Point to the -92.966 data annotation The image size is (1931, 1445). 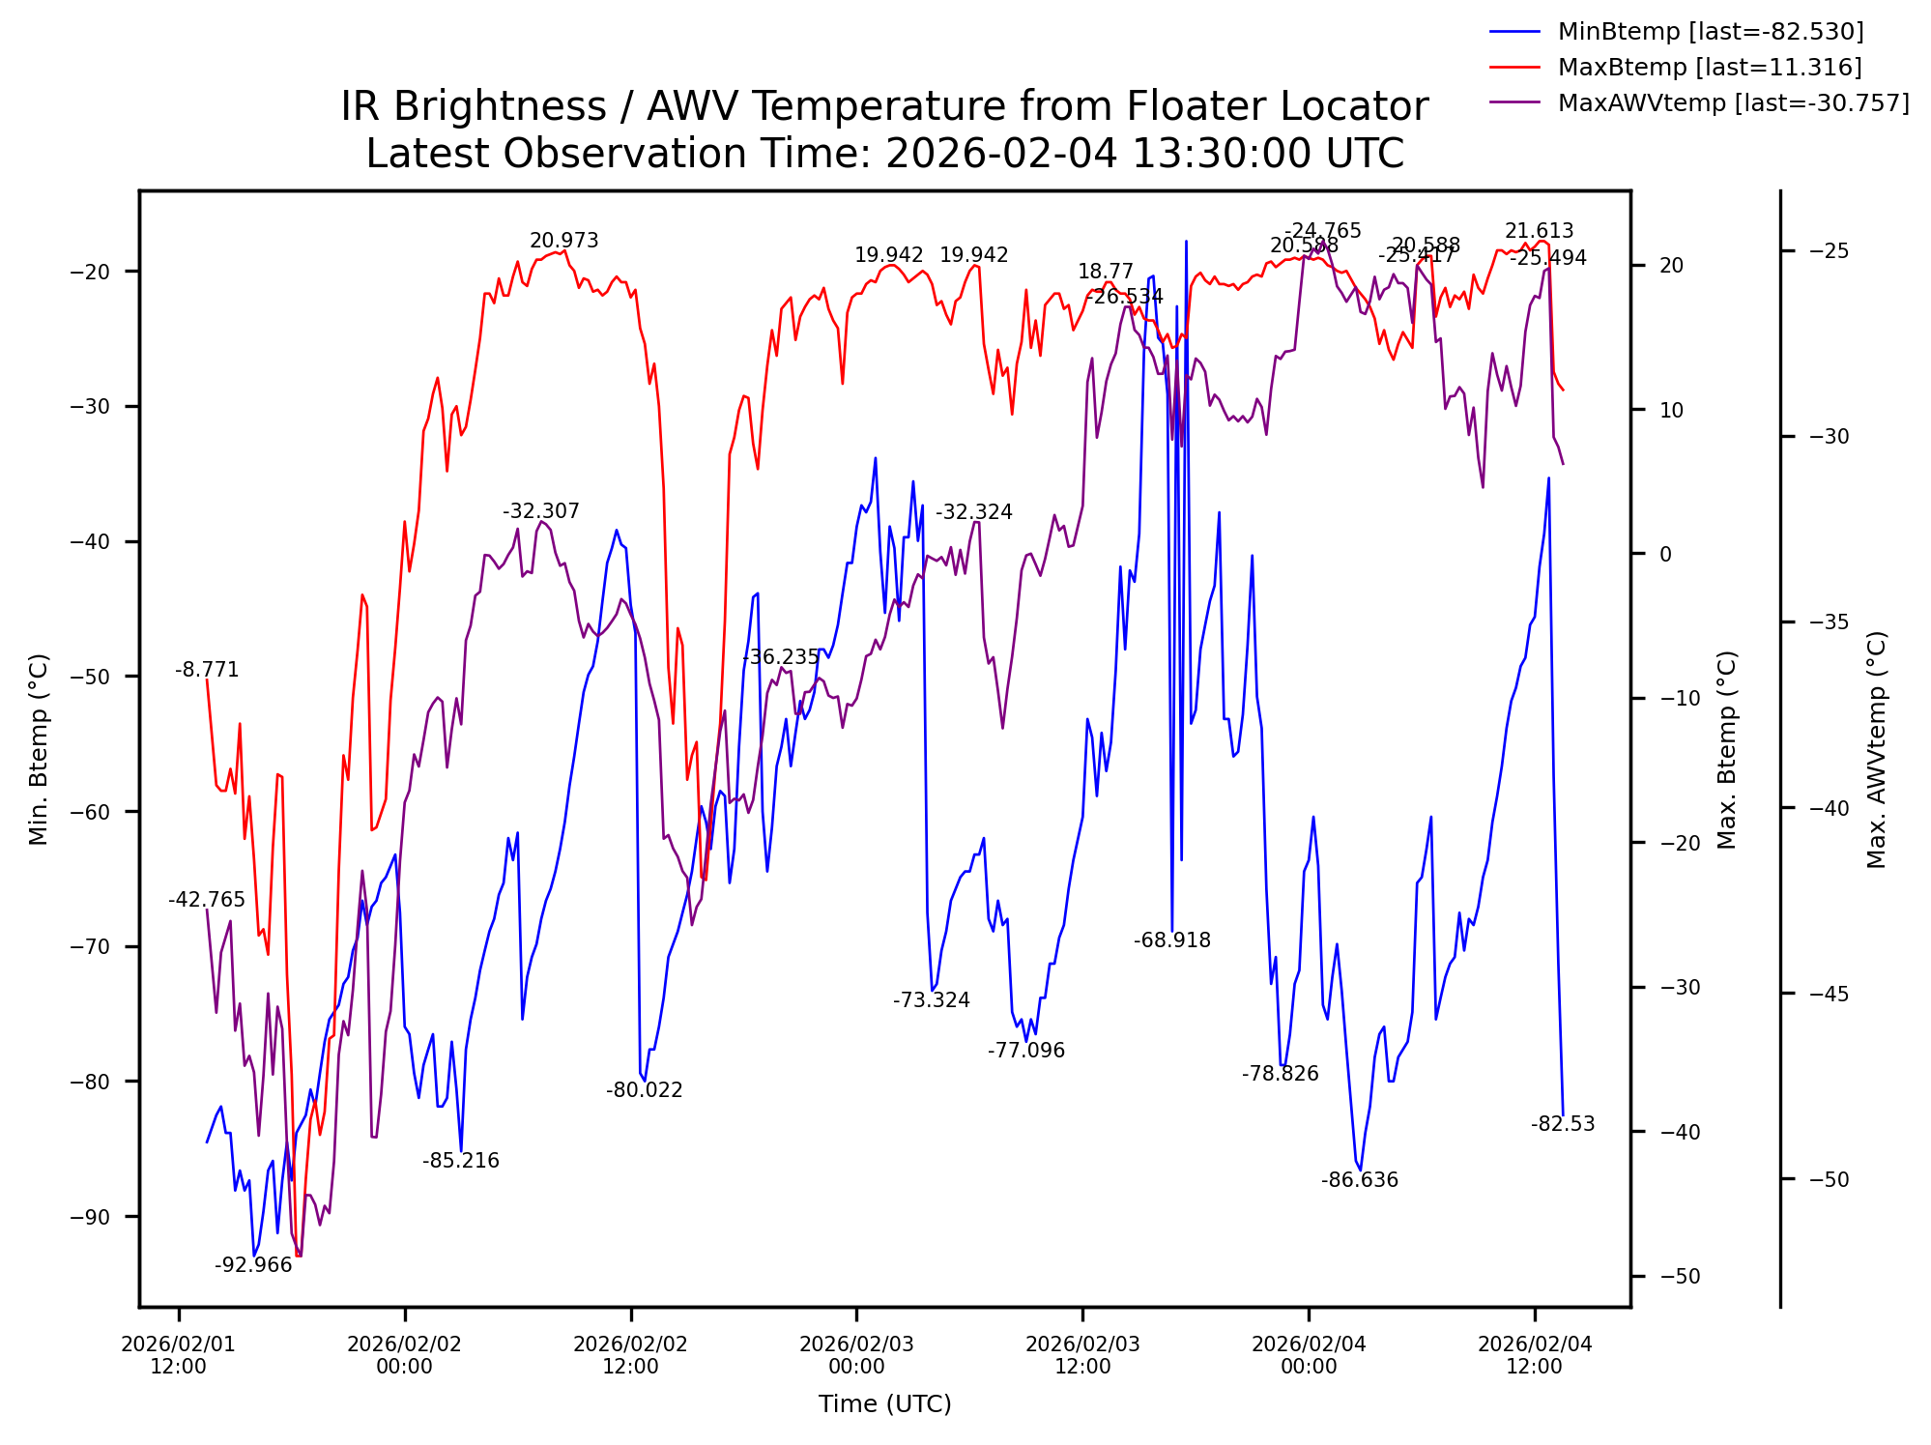click(253, 1265)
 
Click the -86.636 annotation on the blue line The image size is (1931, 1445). click(1359, 1180)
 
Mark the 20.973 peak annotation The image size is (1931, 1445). click(563, 242)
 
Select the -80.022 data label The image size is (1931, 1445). click(644, 1090)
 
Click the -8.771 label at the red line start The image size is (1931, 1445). click(207, 670)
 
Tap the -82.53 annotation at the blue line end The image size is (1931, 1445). click(1562, 1124)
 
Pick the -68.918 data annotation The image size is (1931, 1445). click(1171, 940)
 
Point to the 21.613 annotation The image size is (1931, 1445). click(1539, 232)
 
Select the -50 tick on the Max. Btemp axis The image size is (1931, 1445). click(1679, 1277)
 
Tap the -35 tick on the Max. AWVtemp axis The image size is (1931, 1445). click(1828, 622)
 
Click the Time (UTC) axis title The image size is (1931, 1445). click(884, 1404)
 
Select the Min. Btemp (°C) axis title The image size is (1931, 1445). click(39, 749)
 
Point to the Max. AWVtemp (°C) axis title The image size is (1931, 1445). click(1877, 749)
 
